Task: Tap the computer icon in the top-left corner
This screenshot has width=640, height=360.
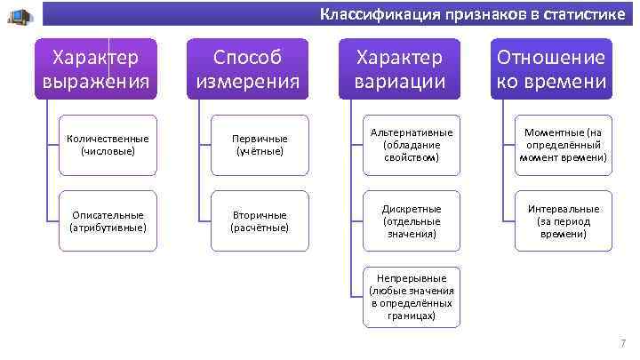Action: coord(20,16)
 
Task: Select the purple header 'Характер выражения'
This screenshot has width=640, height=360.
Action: coord(95,70)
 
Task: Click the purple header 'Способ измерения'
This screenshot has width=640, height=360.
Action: coord(247,70)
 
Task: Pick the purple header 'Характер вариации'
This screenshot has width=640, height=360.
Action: coord(399,70)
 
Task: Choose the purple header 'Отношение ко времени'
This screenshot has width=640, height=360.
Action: coord(551,70)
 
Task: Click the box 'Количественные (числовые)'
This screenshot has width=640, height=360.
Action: coord(108,145)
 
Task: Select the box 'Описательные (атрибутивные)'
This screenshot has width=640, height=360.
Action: coord(108,221)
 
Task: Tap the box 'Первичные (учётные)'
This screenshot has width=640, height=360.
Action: coord(260,145)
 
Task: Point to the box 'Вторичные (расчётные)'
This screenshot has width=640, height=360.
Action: coord(260,221)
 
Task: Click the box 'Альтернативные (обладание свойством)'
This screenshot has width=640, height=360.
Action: coord(412,145)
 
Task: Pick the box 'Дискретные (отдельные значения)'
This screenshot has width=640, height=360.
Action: coord(412,221)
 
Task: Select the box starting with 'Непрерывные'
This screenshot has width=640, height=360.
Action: coord(412,297)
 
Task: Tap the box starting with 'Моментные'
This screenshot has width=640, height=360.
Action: coord(564,145)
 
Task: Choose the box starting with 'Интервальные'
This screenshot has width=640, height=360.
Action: coord(564,221)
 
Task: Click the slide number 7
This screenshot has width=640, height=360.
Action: coord(623,344)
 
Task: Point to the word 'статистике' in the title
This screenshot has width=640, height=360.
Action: coord(588,15)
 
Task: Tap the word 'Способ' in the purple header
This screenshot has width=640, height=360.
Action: coord(247,58)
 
